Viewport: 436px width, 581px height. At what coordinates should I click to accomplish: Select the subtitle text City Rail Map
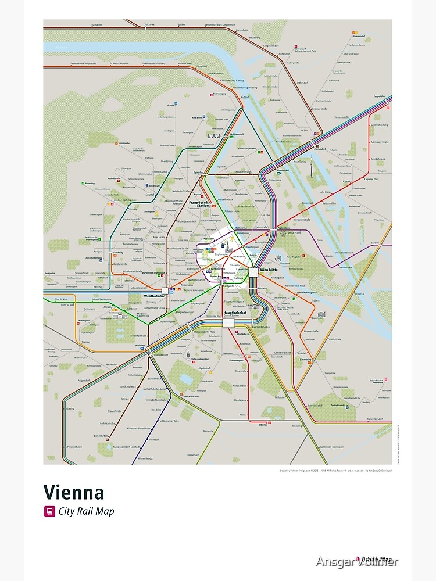[x=86, y=512]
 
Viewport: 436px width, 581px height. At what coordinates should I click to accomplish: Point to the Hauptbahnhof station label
[x=234, y=313]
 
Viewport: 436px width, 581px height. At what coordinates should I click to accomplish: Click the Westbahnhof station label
[x=153, y=296]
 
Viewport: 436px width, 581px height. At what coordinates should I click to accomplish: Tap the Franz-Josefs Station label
[x=199, y=204]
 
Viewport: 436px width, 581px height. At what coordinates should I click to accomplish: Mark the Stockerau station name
[x=149, y=24]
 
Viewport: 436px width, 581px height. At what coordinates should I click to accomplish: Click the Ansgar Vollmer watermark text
[x=357, y=561]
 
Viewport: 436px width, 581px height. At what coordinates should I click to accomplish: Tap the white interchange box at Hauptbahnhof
[x=227, y=322]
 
